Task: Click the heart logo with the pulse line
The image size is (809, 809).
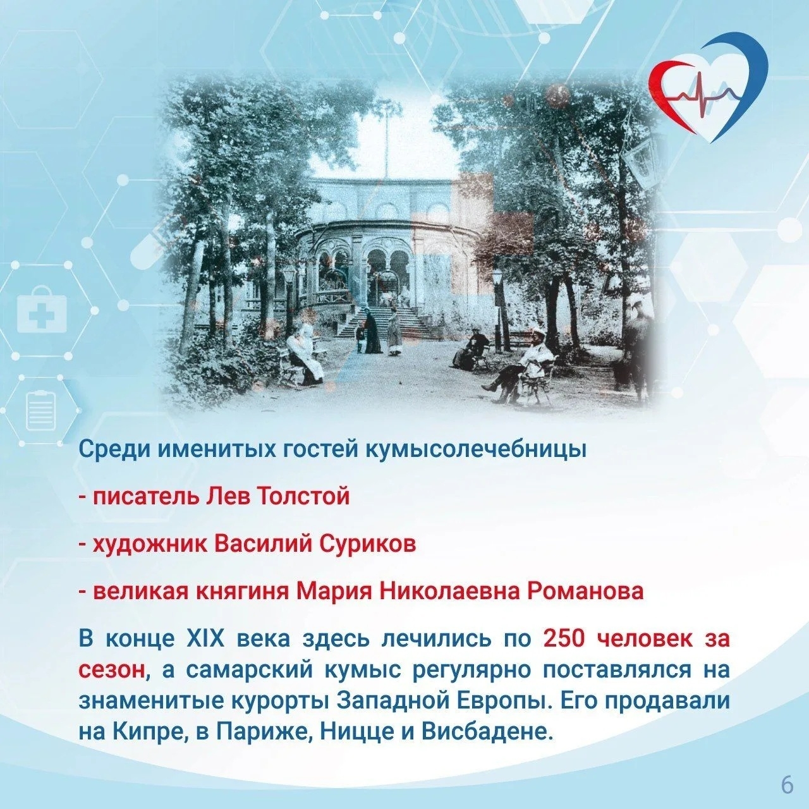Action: tap(708, 88)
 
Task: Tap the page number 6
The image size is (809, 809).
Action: tap(787, 784)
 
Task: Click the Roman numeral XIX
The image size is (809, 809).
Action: tap(205, 639)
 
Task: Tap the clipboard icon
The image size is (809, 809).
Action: tap(42, 410)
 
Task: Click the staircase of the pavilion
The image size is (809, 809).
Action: tap(382, 322)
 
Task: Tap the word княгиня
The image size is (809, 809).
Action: tap(244, 591)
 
